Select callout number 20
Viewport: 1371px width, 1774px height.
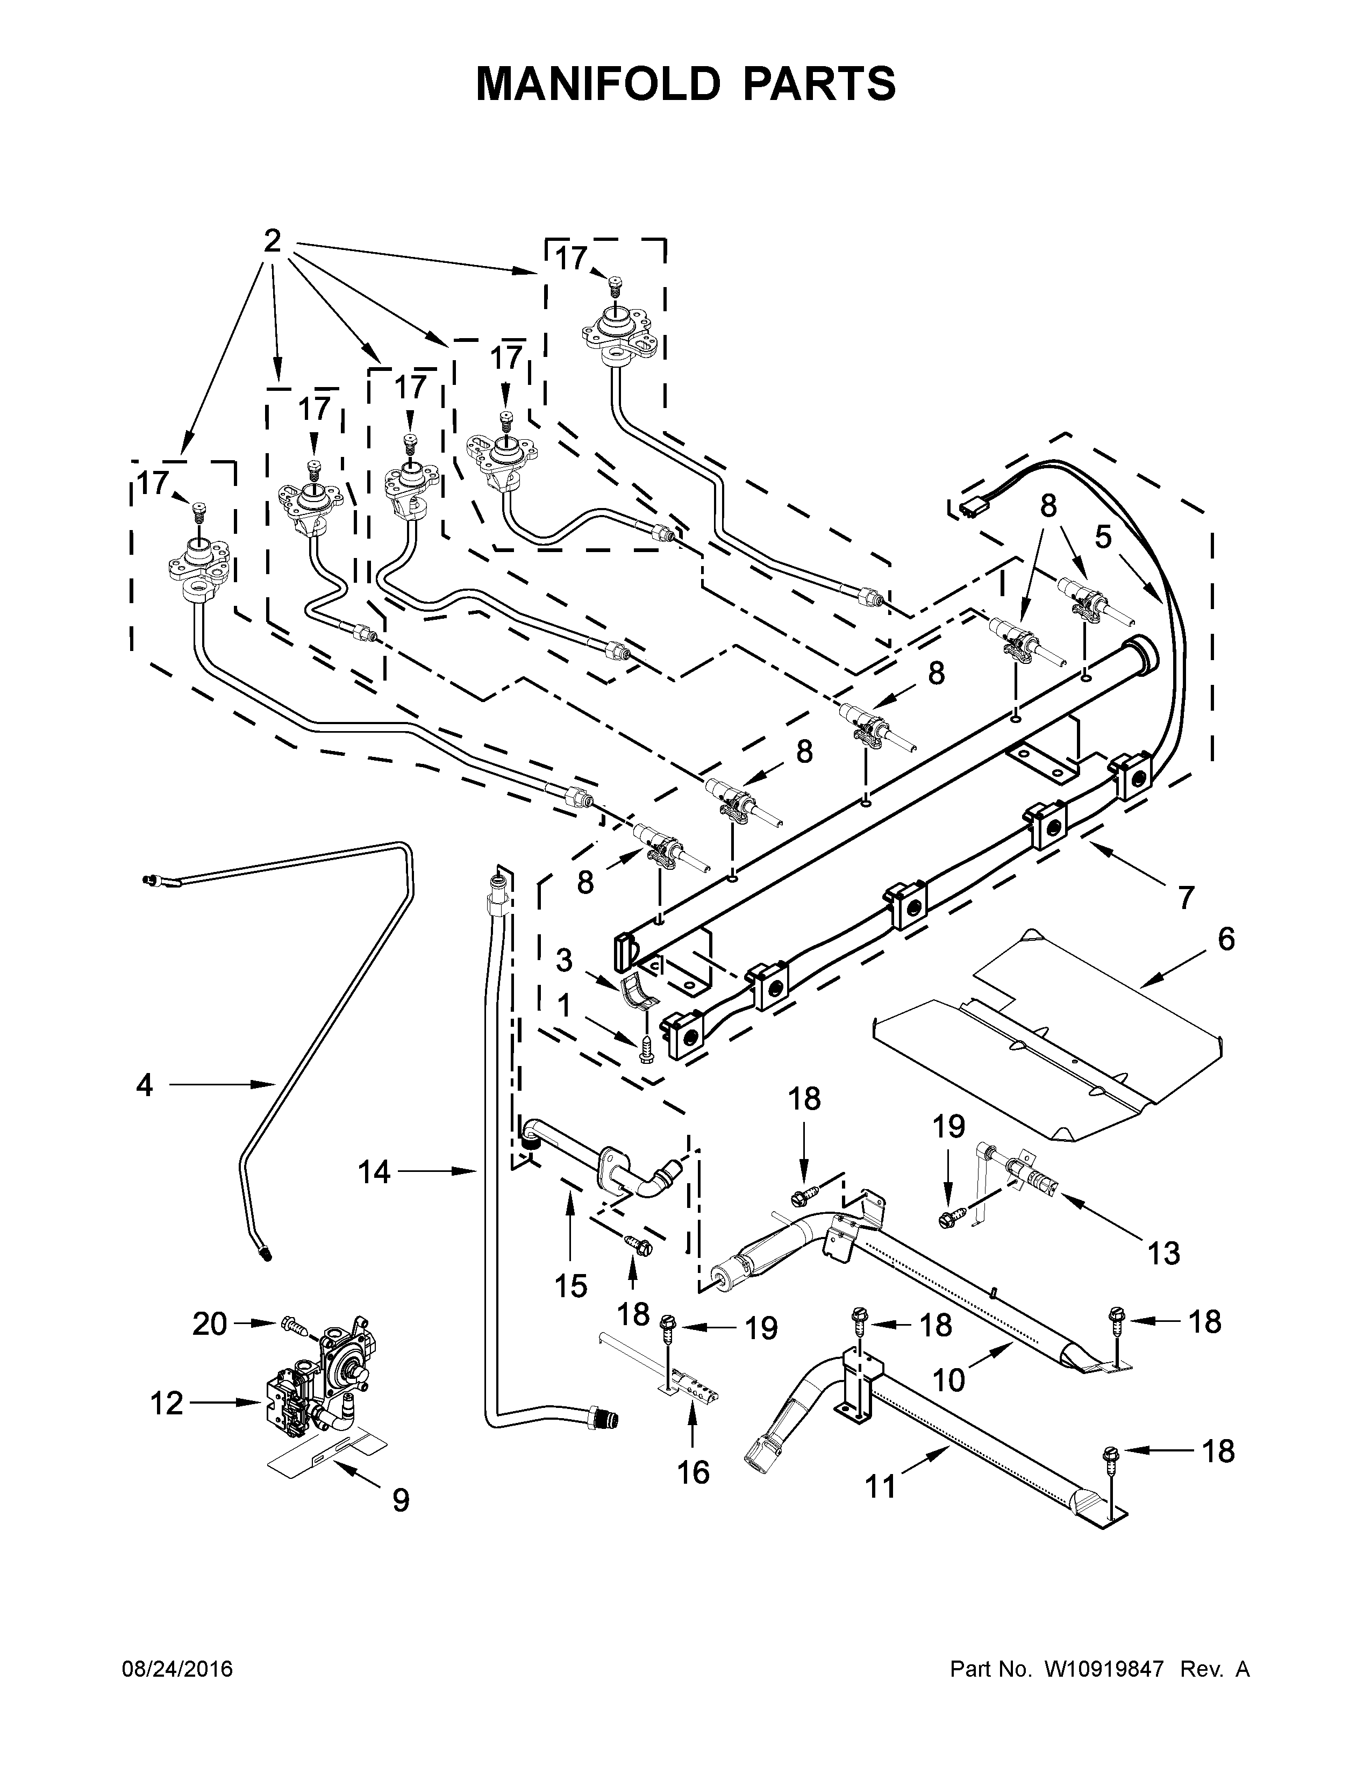[210, 1324]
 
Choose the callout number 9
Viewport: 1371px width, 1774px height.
[401, 1500]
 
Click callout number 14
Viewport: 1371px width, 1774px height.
[374, 1171]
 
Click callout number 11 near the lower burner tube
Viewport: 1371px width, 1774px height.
[881, 1486]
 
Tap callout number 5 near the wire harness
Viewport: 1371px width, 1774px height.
[1102, 537]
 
